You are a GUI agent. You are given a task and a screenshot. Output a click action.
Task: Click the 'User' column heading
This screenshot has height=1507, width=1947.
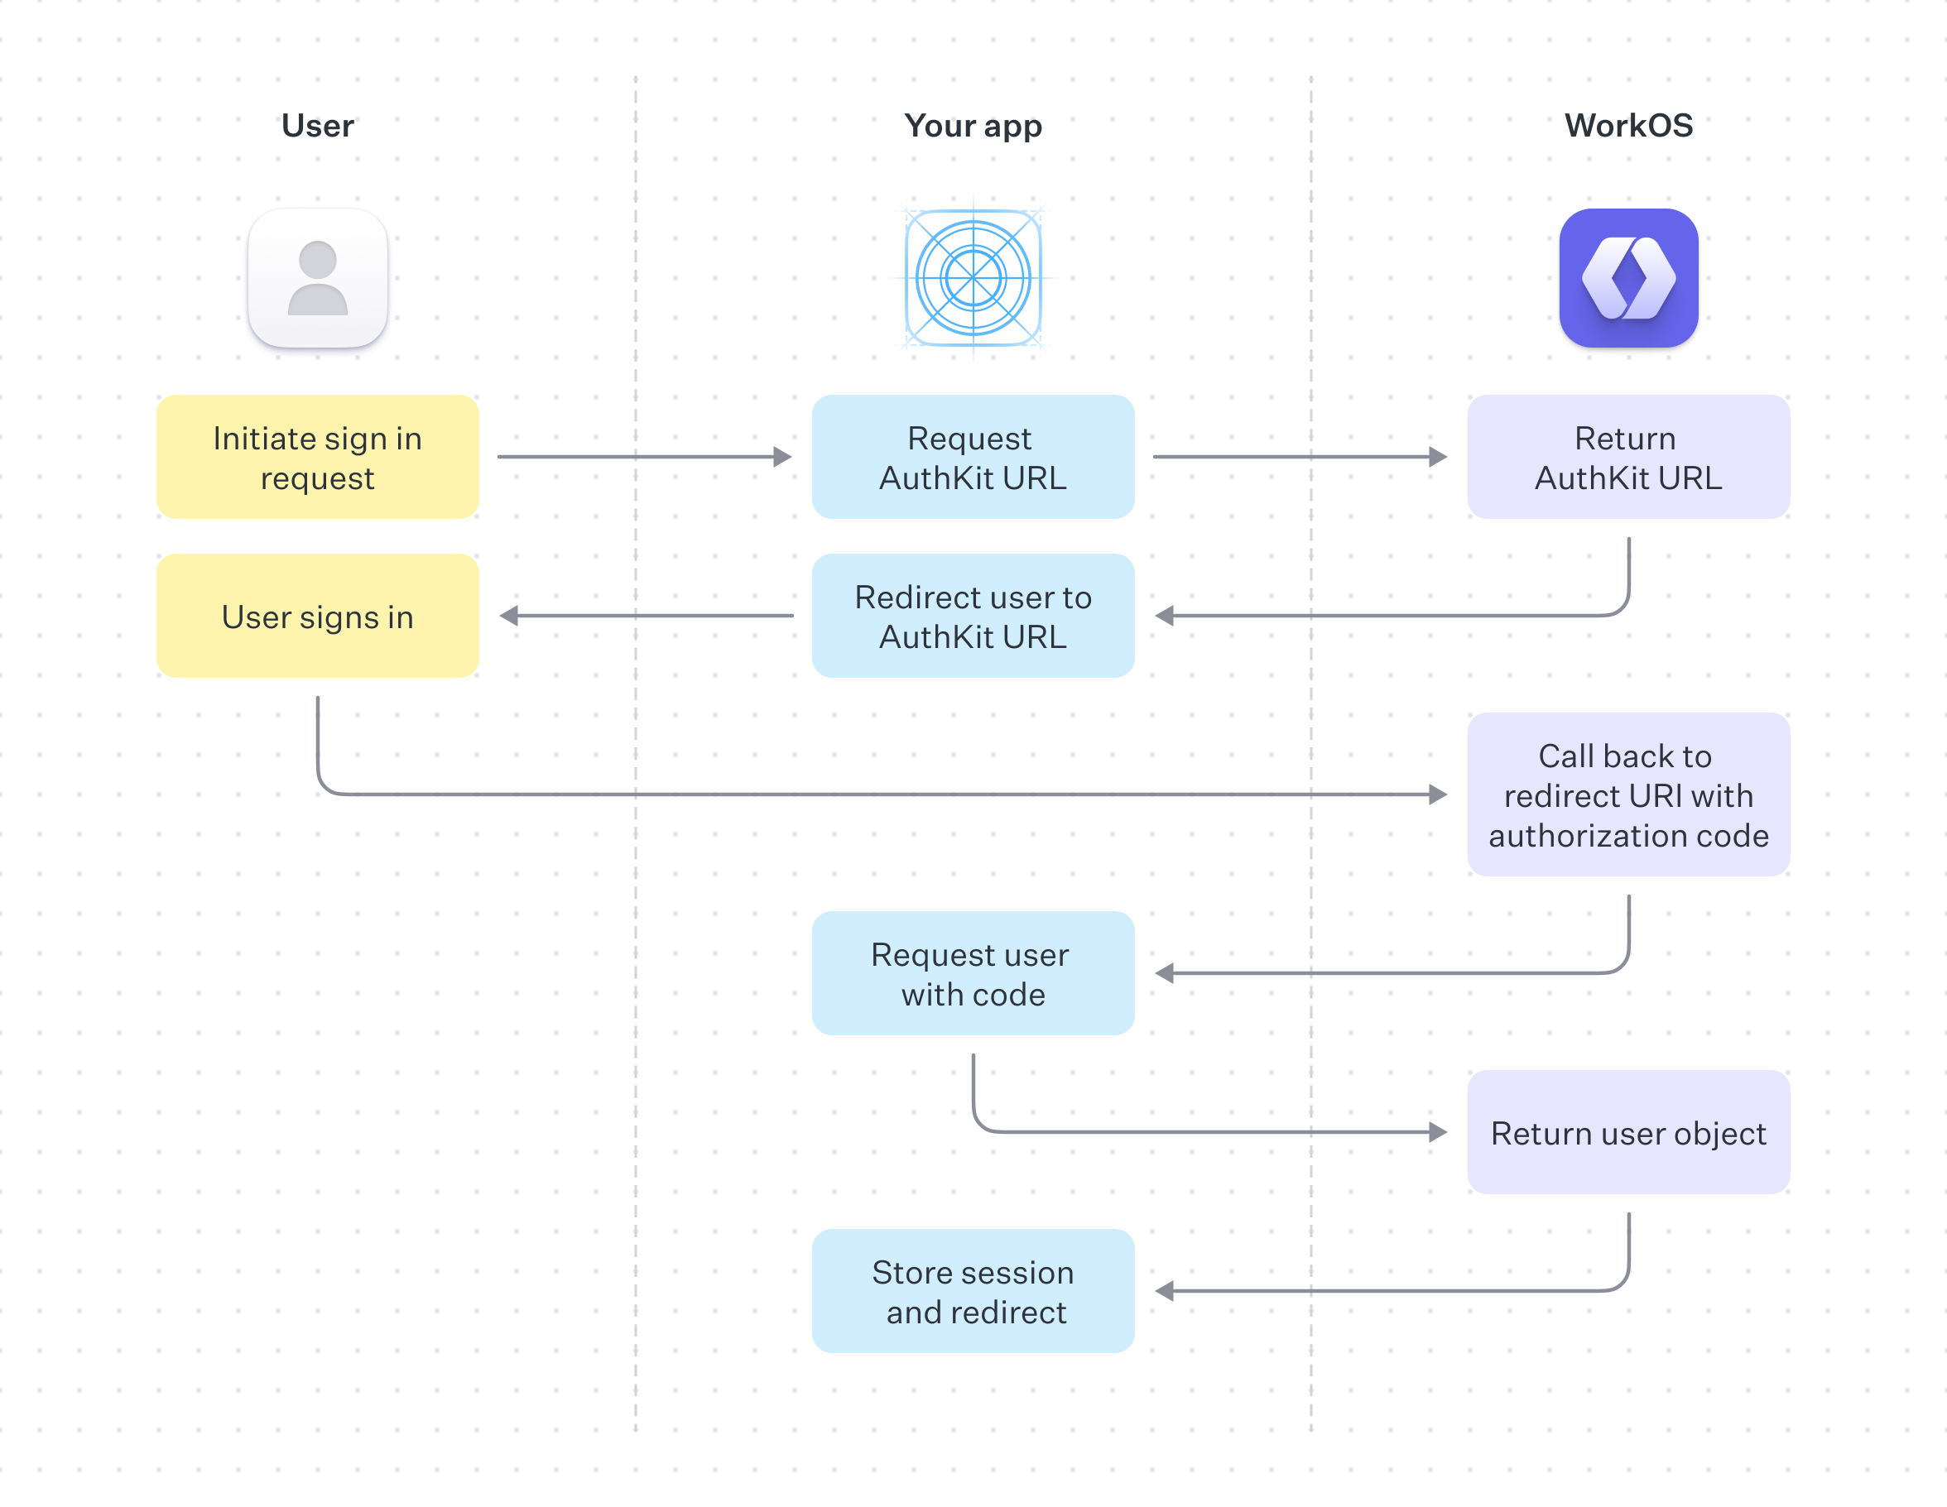pyautogui.click(x=317, y=126)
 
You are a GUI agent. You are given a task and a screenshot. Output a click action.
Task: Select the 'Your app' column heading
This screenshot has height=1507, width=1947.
pyautogui.click(x=973, y=126)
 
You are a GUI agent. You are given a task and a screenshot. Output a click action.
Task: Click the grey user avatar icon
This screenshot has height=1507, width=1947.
pyautogui.click(x=317, y=278)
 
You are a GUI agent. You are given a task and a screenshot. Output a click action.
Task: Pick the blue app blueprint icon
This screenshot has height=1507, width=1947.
pyautogui.click(x=973, y=278)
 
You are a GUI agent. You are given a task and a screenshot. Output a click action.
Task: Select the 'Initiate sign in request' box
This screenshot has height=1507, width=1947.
pyautogui.click(x=317, y=457)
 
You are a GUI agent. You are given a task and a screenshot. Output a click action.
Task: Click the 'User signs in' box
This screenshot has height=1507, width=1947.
pyautogui.click(x=317, y=616)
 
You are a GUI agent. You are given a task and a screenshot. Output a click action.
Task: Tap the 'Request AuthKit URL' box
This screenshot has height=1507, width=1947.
pyautogui.click(x=973, y=457)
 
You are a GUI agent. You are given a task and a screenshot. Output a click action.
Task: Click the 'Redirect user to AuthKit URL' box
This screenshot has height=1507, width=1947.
pyautogui.click(x=973, y=616)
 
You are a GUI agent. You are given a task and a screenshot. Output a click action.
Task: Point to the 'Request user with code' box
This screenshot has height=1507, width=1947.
pyautogui.click(x=973, y=973)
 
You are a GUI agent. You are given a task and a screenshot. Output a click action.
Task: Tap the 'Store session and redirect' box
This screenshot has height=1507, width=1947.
pyautogui.click(x=973, y=1290)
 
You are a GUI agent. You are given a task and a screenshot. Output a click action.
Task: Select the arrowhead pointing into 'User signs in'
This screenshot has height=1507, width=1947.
pyautogui.click(x=509, y=616)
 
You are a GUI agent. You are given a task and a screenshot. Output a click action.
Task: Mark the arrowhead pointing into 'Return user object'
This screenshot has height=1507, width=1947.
pyautogui.click(x=1437, y=1132)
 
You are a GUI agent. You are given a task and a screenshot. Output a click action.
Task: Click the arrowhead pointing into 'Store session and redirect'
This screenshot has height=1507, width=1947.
pyautogui.click(x=1164, y=1290)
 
